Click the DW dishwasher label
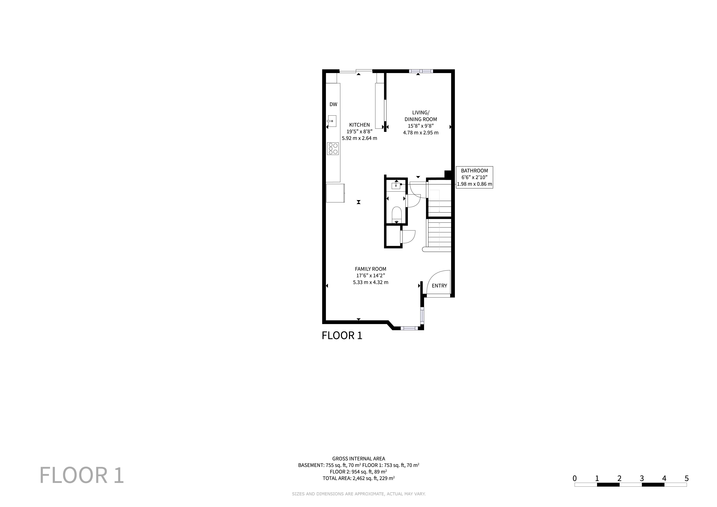tap(333, 104)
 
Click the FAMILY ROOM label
tap(371, 269)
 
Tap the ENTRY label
tap(439, 286)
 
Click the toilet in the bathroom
tap(397, 215)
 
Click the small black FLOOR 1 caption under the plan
tap(342, 336)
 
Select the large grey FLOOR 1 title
tap(82, 475)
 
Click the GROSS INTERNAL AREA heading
tap(358, 459)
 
